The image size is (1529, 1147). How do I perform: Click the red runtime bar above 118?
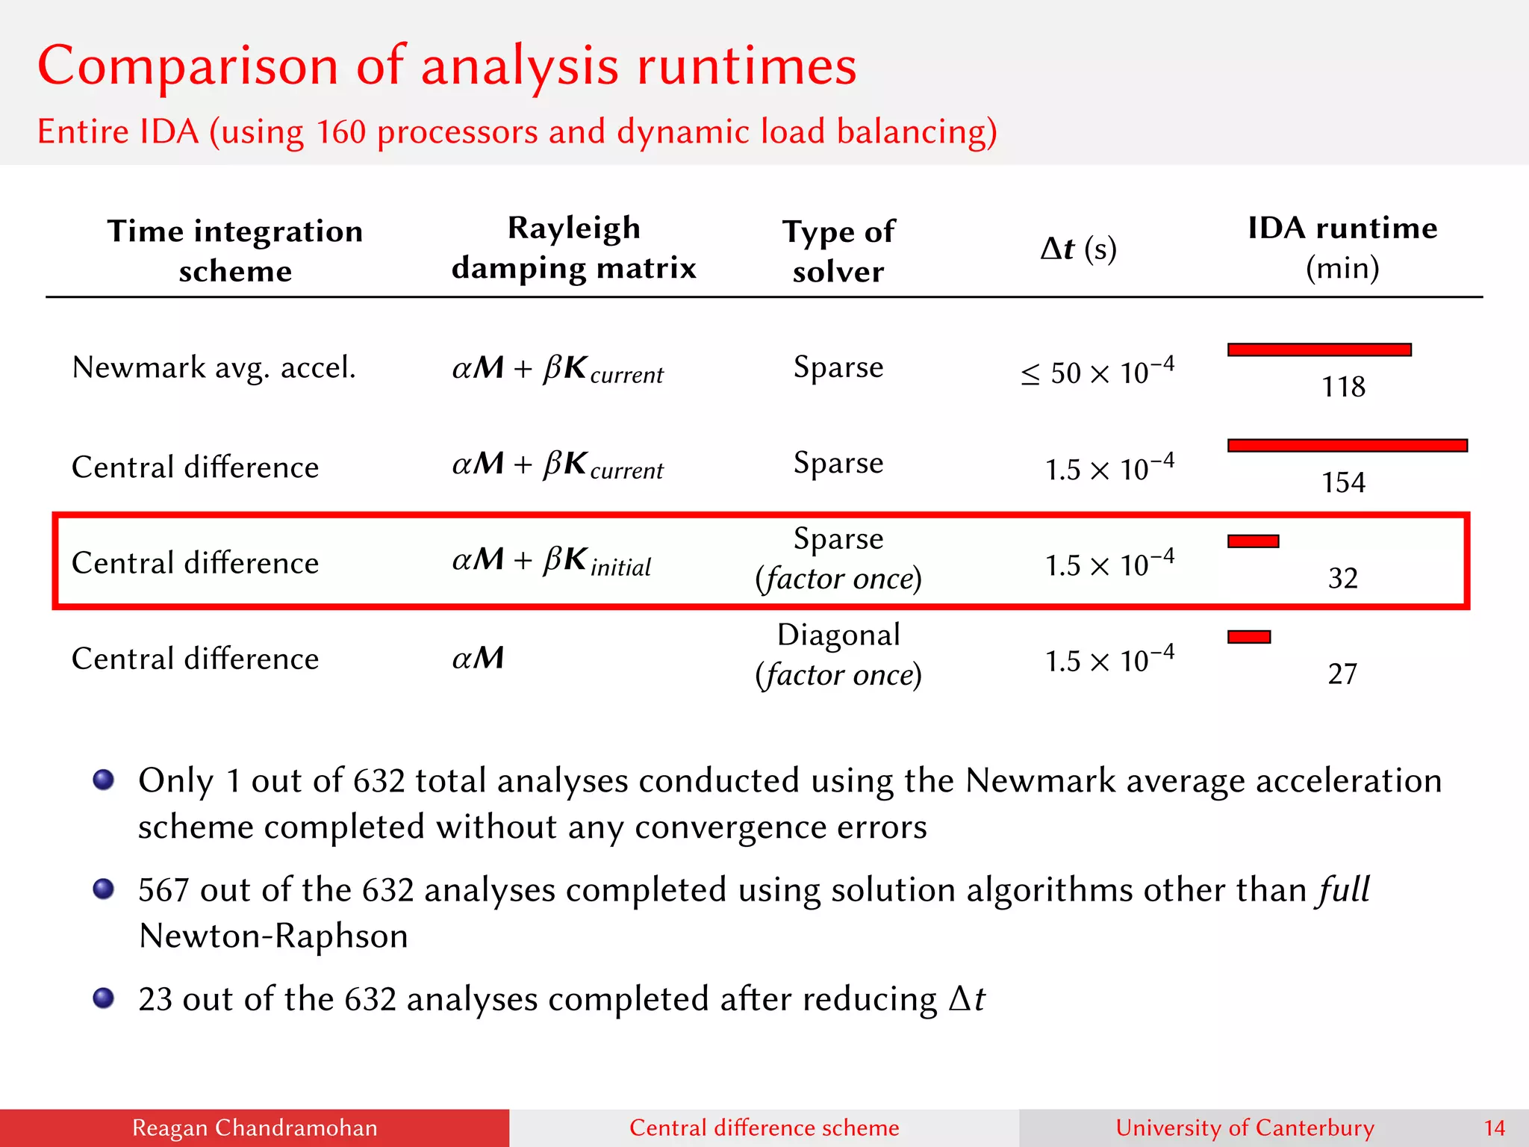(1319, 349)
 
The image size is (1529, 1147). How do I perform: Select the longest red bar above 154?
(1348, 446)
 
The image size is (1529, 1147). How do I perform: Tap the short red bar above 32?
(1254, 541)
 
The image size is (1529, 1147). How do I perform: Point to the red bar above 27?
(1249, 637)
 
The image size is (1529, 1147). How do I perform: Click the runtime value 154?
(1343, 482)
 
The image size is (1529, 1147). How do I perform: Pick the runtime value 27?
(1342, 674)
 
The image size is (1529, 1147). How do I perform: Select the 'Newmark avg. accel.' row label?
(214, 367)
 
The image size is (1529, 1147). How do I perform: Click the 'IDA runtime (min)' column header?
(1342, 247)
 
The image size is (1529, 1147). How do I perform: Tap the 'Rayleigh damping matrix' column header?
(573, 247)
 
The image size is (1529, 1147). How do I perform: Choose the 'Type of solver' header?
(838, 251)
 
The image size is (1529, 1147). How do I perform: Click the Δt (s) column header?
(1078, 249)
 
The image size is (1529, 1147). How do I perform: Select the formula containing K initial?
(552, 561)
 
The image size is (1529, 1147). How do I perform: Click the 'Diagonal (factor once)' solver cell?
(838, 655)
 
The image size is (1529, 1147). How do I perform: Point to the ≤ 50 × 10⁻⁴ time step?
(1097, 371)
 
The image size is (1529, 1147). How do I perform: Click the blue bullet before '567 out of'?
(104, 889)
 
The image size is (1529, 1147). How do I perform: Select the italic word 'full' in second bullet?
(1343, 889)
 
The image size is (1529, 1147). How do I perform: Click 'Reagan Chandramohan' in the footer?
(255, 1128)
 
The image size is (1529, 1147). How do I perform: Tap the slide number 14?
(1494, 1128)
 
